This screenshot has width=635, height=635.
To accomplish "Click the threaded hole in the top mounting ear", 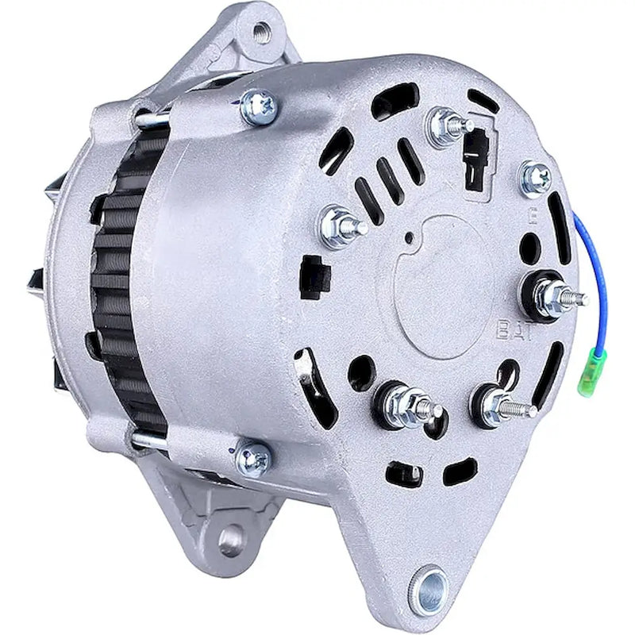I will point(260,33).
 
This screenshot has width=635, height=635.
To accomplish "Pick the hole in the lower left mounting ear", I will point(231,541).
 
